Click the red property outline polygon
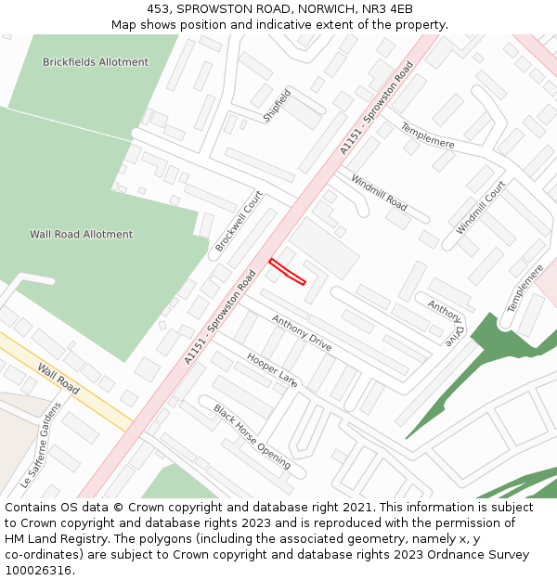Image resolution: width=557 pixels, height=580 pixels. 287,271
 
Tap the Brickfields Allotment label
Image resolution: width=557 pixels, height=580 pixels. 95,62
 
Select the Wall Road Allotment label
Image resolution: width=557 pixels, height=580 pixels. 81,235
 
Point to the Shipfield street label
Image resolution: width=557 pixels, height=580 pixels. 277,106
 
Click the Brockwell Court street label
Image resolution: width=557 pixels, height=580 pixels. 239,222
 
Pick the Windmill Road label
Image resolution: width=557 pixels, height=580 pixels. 379,191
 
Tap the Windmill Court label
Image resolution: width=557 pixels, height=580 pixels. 481,207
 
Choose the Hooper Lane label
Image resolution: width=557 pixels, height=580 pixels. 272,369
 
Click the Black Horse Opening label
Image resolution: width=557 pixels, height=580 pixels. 252,436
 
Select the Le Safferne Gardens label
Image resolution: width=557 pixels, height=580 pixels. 41,445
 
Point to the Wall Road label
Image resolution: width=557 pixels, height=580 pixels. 58,379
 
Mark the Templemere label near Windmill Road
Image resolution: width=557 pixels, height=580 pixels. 427,135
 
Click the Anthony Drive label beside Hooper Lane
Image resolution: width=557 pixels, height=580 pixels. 301,332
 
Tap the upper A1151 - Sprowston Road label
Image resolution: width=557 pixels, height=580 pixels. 376,108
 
